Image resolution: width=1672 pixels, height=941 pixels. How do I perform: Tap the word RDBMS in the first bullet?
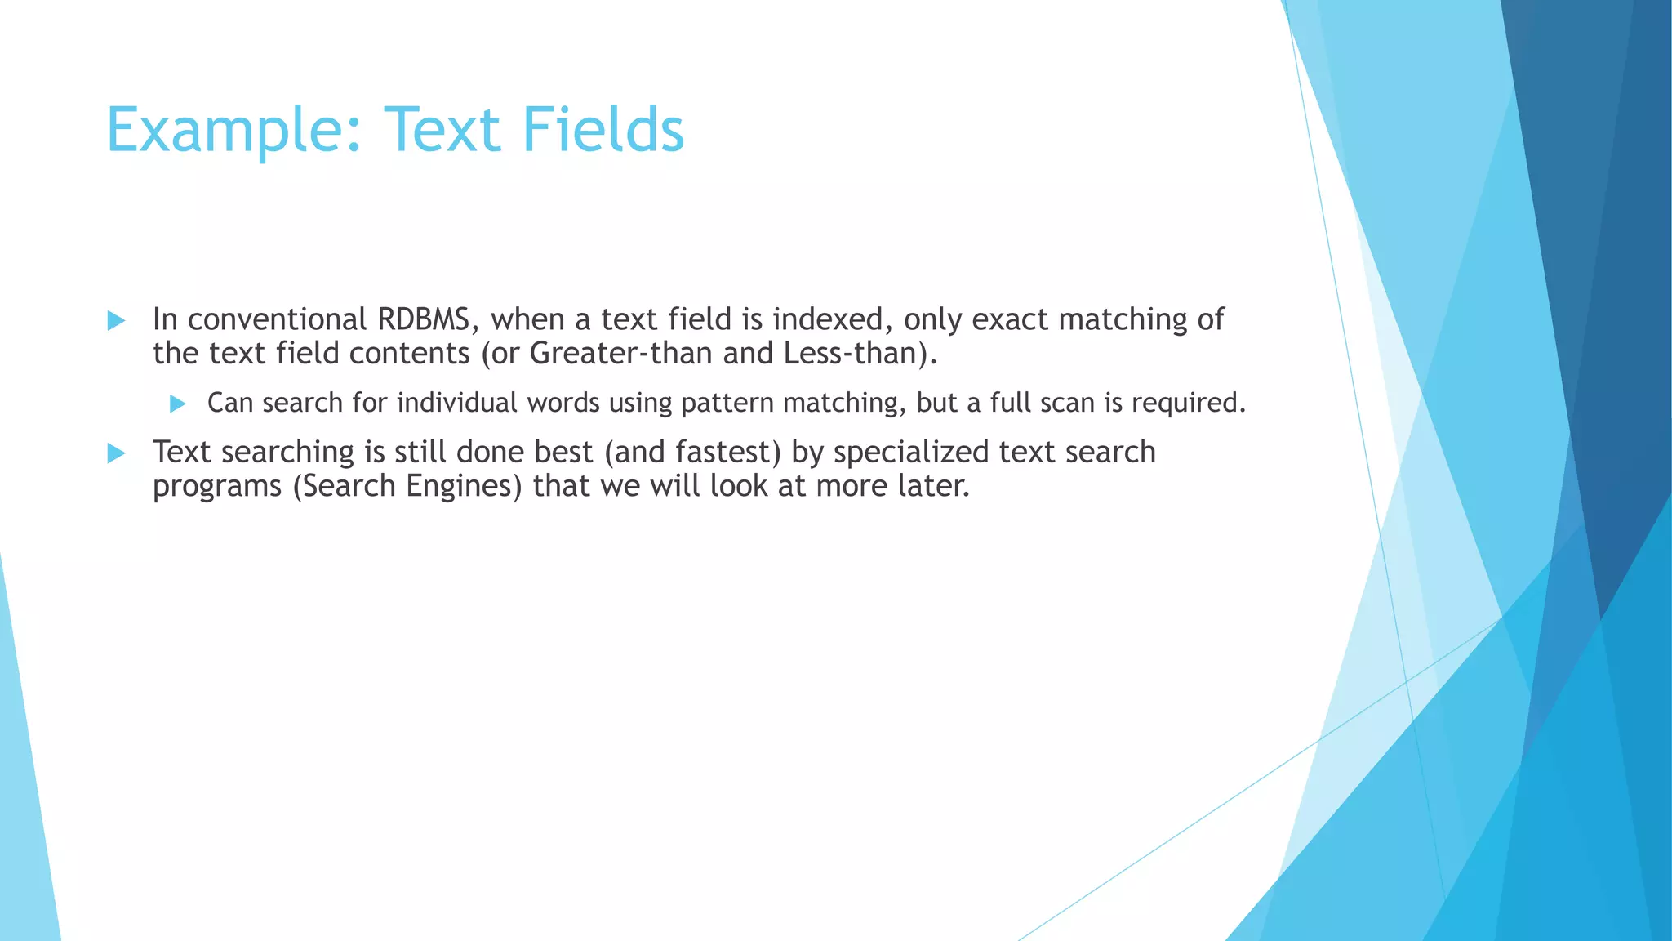click(x=424, y=319)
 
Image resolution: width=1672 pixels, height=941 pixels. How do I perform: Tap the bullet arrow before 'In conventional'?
click(x=117, y=320)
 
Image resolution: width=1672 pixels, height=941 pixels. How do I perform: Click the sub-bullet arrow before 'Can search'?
click(x=178, y=404)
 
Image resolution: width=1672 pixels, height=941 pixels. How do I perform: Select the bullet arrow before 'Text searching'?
click(x=117, y=453)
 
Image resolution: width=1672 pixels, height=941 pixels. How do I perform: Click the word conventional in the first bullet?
click(x=278, y=319)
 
